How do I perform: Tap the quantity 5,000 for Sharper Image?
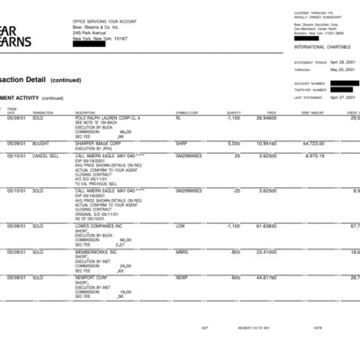[234, 143]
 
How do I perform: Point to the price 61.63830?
[266, 226]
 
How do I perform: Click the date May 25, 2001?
[344, 68]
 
